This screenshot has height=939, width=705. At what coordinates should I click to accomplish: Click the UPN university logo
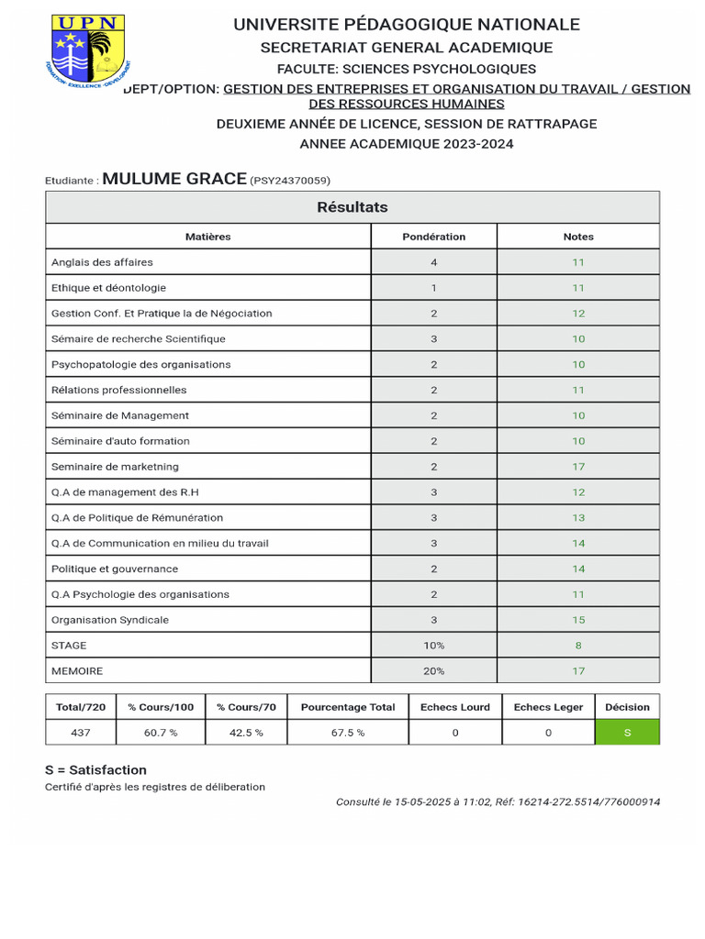click(87, 51)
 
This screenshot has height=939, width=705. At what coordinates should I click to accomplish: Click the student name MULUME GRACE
click(174, 179)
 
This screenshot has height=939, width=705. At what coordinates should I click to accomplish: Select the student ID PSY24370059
click(290, 181)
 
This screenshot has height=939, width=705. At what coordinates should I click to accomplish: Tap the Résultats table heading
click(352, 207)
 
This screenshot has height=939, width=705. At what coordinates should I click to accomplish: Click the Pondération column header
click(433, 237)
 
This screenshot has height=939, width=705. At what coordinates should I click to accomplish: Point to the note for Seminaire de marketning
click(578, 467)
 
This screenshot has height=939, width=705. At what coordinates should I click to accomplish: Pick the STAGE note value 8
click(578, 646)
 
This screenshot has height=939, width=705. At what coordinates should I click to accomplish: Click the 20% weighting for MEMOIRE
click(433, 671)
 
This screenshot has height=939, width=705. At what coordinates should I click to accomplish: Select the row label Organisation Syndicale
click(110, 620)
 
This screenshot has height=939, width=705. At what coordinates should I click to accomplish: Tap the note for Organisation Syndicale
click(578, 620)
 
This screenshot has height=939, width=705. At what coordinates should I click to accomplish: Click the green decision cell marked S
click(627, 733)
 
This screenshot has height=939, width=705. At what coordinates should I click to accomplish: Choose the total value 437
click(81, 733)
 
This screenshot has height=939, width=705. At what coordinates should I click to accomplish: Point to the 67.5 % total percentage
click(348, 733)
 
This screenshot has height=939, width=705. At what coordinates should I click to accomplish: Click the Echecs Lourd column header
click(455, 707)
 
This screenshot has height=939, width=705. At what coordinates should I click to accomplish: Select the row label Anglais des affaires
click(102, 262)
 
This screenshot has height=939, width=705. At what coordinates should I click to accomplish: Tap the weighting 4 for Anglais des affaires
click(433, 262)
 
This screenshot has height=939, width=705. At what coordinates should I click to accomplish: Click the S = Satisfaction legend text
click(95, 770)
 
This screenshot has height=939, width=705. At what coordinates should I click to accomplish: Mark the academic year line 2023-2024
click(407, 144)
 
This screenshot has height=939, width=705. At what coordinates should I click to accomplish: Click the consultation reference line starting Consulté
click(498, 801)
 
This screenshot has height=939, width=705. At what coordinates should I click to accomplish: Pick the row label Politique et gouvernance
click(115, 569)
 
